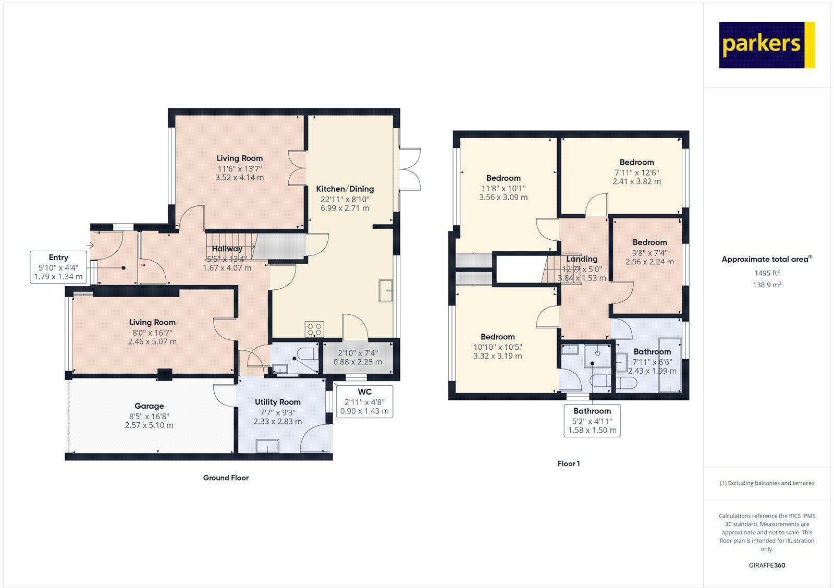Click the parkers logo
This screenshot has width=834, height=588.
[x=766, y=45]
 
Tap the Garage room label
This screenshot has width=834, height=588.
[x=149, y=406]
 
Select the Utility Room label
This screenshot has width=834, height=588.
[x=277, y=402]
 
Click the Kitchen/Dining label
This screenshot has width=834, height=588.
[x=345, y=189]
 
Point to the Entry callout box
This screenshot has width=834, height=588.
[x=58, y=267]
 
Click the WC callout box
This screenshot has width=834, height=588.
[x=364, y=401]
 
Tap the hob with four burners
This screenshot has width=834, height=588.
[x=314, y=329]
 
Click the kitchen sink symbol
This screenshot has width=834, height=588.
[x=386, y=291]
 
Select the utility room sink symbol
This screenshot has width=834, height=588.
[x=267, y=446]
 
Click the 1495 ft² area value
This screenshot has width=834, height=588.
[x=767, y=273]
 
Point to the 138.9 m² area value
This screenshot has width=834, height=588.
[x=767, y=285]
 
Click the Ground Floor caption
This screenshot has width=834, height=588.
[x=226, y=477]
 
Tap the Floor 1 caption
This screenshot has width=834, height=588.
[x=568, y=463]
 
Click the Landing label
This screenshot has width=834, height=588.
[x=582, y=259]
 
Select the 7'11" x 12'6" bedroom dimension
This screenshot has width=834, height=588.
[x=636, y=172]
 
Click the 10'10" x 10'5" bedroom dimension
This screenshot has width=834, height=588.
[x=497, y=347]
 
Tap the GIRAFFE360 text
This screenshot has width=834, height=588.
[x=767, y=565]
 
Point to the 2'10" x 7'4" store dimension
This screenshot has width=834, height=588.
[x=358, y=353]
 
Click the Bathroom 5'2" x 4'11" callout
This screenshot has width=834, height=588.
[x=592, y=420]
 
